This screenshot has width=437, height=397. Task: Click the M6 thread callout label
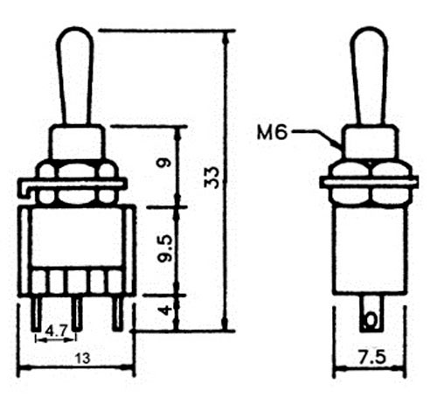point(272,133)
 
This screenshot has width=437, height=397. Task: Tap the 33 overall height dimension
point(212,178)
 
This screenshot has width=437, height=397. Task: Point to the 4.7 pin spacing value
point(56,331)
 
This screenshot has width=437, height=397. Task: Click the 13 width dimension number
point(83,359)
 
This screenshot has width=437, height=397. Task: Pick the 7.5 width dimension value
point(372,358)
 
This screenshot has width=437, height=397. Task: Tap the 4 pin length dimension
point(165,310)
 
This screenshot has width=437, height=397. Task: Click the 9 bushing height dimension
point(164,163)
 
